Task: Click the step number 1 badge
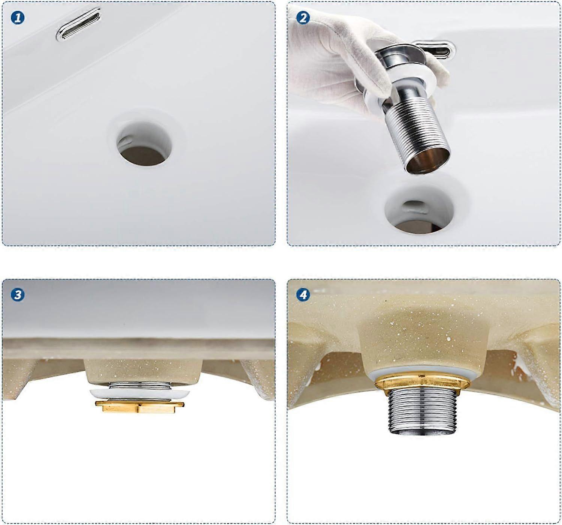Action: (x=18, y=18)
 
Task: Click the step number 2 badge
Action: (x=303, y=18)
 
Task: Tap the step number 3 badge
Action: (x=18, y=295)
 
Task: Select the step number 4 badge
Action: (x=303, y=295)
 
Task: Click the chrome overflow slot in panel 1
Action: (x=79, y=25)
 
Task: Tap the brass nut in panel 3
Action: (x=139, y=407)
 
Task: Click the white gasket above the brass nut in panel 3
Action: (x=139, y=393)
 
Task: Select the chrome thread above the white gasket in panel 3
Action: (x=139, y=385)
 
